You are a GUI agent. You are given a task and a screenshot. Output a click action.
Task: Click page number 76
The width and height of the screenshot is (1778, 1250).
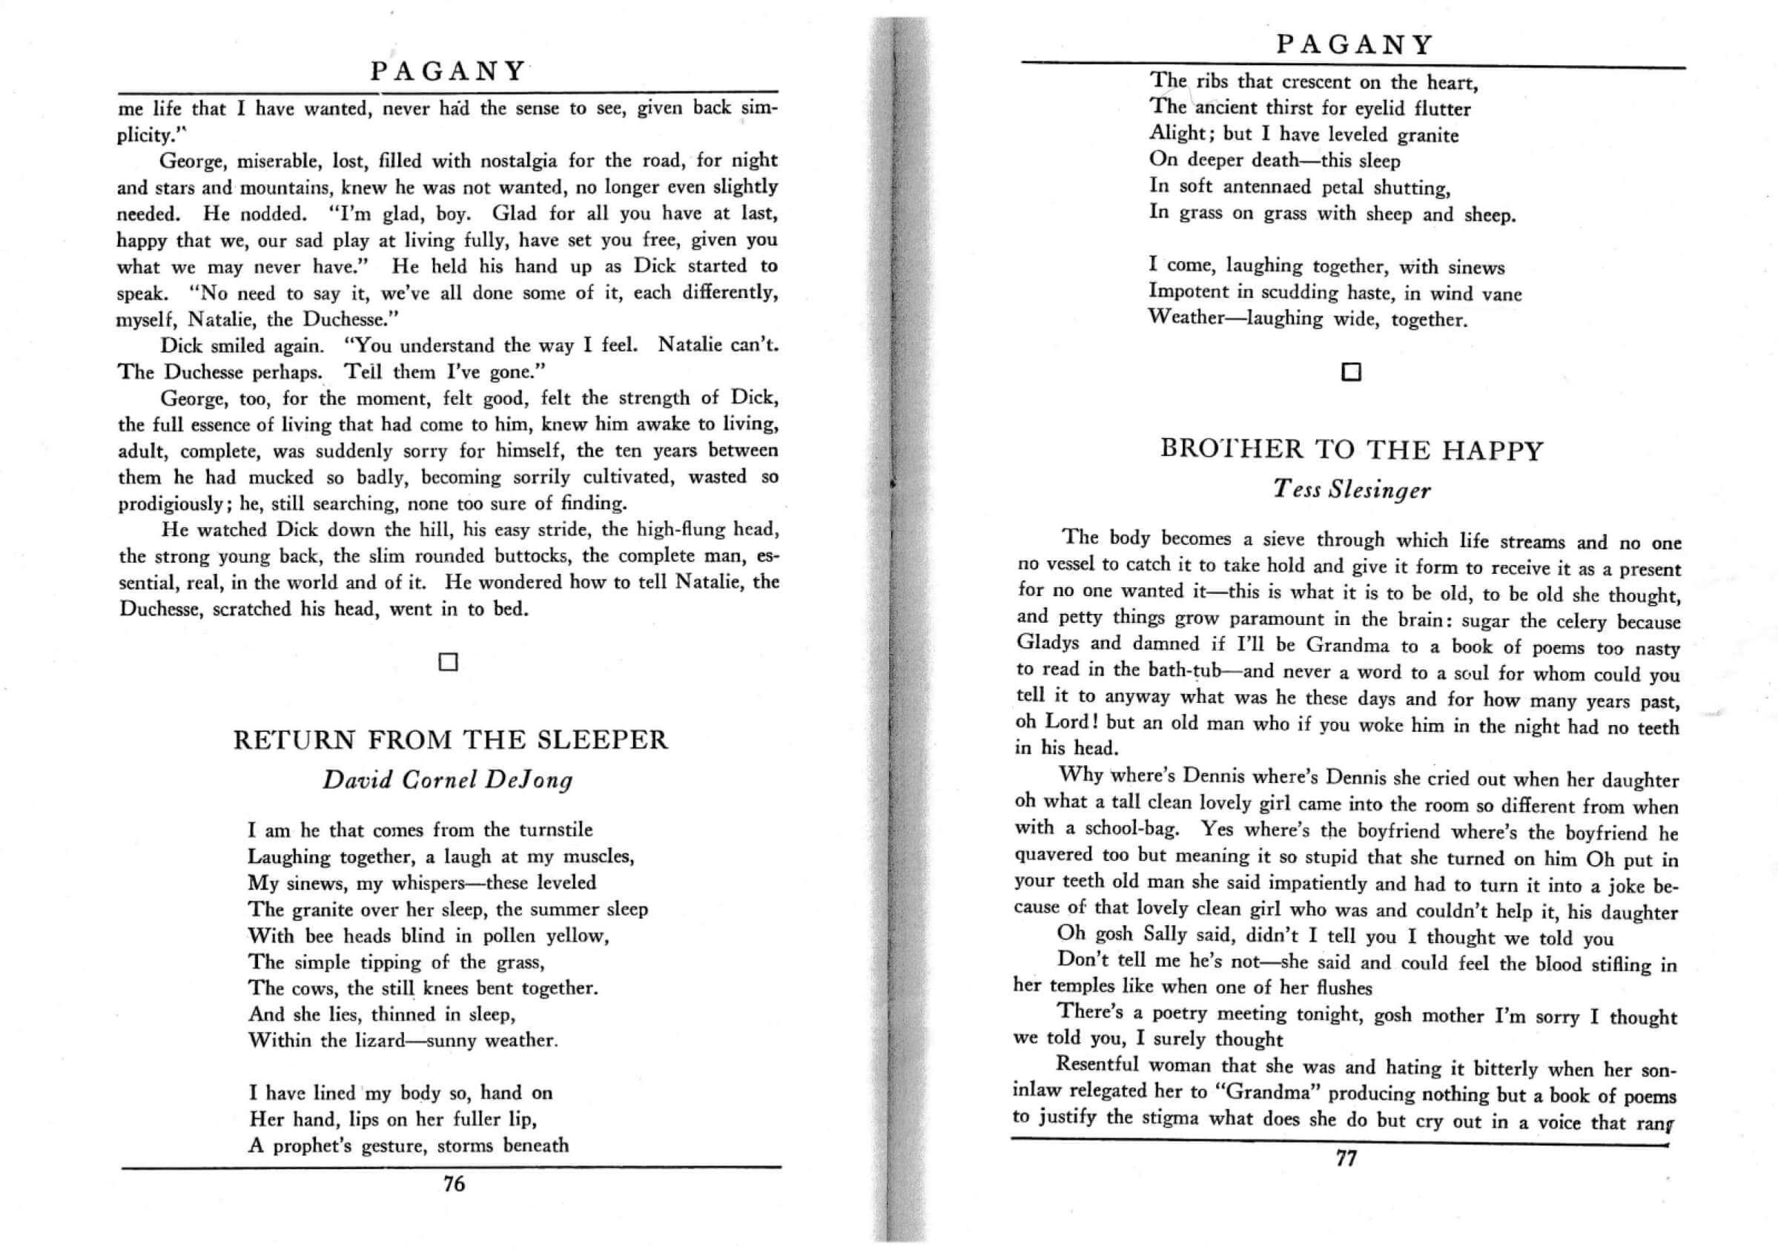click(454, 1183)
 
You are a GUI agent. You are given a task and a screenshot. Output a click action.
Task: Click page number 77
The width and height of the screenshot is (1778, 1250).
click(1346, 1158)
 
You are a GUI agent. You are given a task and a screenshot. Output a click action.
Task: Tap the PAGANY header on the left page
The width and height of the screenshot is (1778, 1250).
click(449, 71)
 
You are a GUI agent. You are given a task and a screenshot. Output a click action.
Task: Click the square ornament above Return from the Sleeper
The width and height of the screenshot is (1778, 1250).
click(449, 662)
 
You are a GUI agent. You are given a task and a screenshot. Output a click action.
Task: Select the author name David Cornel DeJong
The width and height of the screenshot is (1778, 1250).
click(448, 780)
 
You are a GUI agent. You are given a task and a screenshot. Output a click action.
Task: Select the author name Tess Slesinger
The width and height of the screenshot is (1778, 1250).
click(1352, 489)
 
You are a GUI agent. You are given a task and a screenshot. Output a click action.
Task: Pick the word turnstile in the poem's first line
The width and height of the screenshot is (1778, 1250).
click(555, 830)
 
